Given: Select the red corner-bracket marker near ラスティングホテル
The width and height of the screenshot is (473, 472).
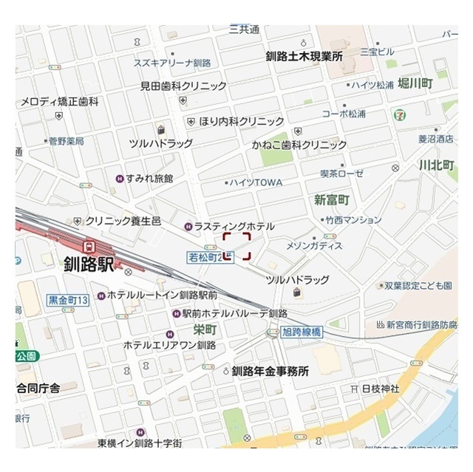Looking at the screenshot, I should pos(237,246).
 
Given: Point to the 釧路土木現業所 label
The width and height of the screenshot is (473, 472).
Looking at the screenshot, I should pos(304,56).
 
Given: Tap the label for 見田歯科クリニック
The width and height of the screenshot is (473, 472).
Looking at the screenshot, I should pos(183,86).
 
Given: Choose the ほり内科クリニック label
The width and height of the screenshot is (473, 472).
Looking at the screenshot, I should pos(241,121).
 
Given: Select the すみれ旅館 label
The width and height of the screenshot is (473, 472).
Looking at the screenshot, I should pos(149,178).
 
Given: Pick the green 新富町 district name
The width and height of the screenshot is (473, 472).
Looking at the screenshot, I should pos(331,199).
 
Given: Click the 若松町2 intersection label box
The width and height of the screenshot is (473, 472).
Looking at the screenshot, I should pos(205,256).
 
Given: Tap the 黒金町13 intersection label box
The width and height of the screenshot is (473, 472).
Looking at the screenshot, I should pos(68,300).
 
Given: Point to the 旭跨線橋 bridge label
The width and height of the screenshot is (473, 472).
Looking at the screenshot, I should pos(301,332).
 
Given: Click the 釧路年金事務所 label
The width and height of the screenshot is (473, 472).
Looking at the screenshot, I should pos(270,372).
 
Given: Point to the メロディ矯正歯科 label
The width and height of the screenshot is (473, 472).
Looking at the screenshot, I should pos(59,101).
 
